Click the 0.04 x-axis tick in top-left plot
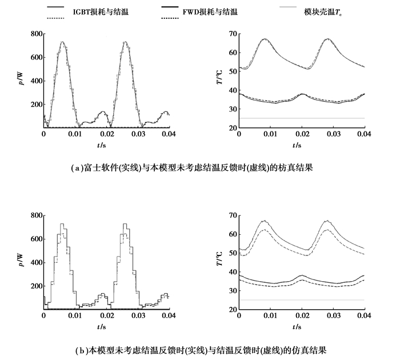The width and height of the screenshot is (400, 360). (169, 134)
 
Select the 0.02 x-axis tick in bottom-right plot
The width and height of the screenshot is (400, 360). (302, 316)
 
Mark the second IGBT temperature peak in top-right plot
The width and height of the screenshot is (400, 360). (327, 39)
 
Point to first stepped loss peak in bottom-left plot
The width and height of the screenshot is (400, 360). (62, 224)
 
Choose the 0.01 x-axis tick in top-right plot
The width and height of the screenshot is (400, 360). (270, 134)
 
